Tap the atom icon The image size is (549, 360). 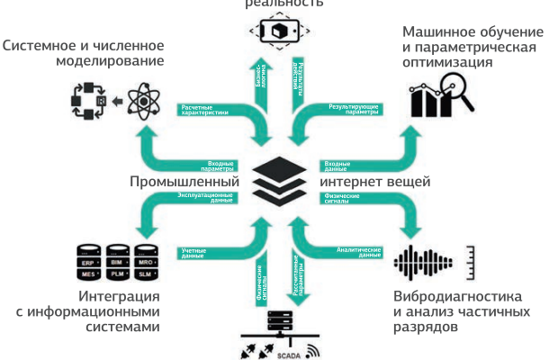pyautogui.click(x=138, y=103)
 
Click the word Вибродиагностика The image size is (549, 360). pyautogui.click(x=458, y=296)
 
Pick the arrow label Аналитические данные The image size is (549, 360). pyautogui.click(x=358, y=253)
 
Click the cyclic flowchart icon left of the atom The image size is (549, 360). pyautogui.click(x=88, y=103)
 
